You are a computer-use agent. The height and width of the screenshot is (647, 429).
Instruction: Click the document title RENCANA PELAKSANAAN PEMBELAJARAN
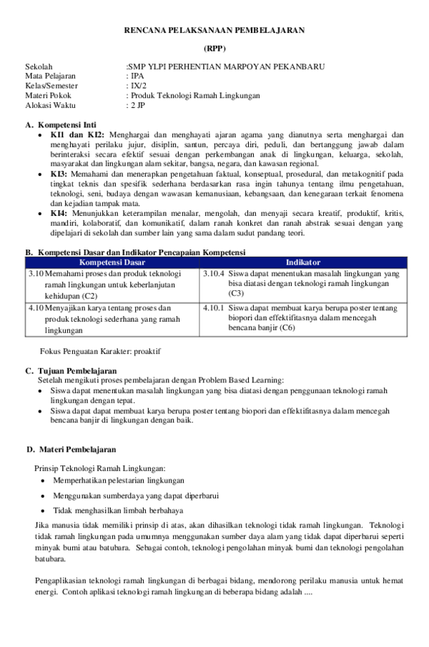[214, 29]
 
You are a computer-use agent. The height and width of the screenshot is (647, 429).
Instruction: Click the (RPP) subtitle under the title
[214, 49]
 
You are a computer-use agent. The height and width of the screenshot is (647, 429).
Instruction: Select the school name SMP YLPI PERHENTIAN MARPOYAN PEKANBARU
[227, 66]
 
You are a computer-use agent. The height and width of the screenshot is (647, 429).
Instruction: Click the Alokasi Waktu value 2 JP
[136, 104]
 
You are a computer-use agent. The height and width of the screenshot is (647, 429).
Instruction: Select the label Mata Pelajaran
[50, 76]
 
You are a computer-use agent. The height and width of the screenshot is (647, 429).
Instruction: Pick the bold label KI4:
[59, 212]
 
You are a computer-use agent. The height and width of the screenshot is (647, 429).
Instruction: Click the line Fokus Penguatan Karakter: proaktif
[101, 352]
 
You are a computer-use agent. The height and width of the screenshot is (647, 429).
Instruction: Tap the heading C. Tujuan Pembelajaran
[71, 370]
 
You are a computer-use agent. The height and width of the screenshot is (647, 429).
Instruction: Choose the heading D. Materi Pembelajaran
[71, 449]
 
